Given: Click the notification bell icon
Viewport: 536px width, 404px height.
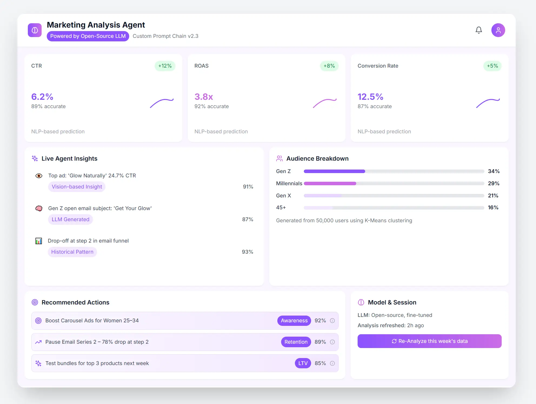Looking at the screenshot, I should pyautogui.click(x=478, y=30).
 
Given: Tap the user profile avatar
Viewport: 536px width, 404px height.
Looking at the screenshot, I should pyautogui.click(x=498, y=30).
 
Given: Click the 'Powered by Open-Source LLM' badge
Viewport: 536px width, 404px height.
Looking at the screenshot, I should pyautogui.click(x=88, y=36).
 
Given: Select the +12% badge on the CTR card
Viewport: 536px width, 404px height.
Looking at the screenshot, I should pyautogui.click(x=165, y=66).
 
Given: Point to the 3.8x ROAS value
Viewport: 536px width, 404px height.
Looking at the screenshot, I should pyautogui.click(x=204, y=97).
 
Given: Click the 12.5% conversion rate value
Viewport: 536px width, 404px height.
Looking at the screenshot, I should pyautogui.click(x=370, y=97).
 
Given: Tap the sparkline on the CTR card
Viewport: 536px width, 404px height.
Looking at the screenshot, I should pyautogui.click(x=162, y=103).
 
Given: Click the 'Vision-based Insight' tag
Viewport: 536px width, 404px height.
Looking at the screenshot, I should pyautogui.click(x=77, y=187).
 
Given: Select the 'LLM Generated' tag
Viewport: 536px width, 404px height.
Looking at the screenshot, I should pyautogui.click(x=70, y=220).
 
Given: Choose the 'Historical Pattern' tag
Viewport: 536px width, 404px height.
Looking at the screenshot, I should pyautogui.click(x=72, y=252).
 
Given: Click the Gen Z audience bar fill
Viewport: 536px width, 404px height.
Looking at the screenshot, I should pyautogui.click(x=334, y=171).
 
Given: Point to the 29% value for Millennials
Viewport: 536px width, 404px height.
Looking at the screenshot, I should pyautogui.click(x=493, y=184).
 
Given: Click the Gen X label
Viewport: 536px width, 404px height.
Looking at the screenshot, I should pyautogui.click(x=283, y=196).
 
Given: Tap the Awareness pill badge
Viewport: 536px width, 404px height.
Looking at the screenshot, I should pyautogui.click(x=294, y=321).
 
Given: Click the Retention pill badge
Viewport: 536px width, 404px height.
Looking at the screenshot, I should pyautogui.click(x=296, y=342).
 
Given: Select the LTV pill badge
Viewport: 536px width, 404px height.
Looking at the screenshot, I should pyautogui.click(x=303, y=363).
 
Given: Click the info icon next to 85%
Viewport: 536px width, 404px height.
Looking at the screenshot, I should pyautogui.click(x=332, y=363).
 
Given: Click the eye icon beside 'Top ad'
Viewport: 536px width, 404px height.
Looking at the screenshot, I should pyautogui.click(x=39, y=176).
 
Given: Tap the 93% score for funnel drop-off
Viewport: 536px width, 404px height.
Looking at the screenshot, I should pyautogui.click(x=247, y=252).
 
